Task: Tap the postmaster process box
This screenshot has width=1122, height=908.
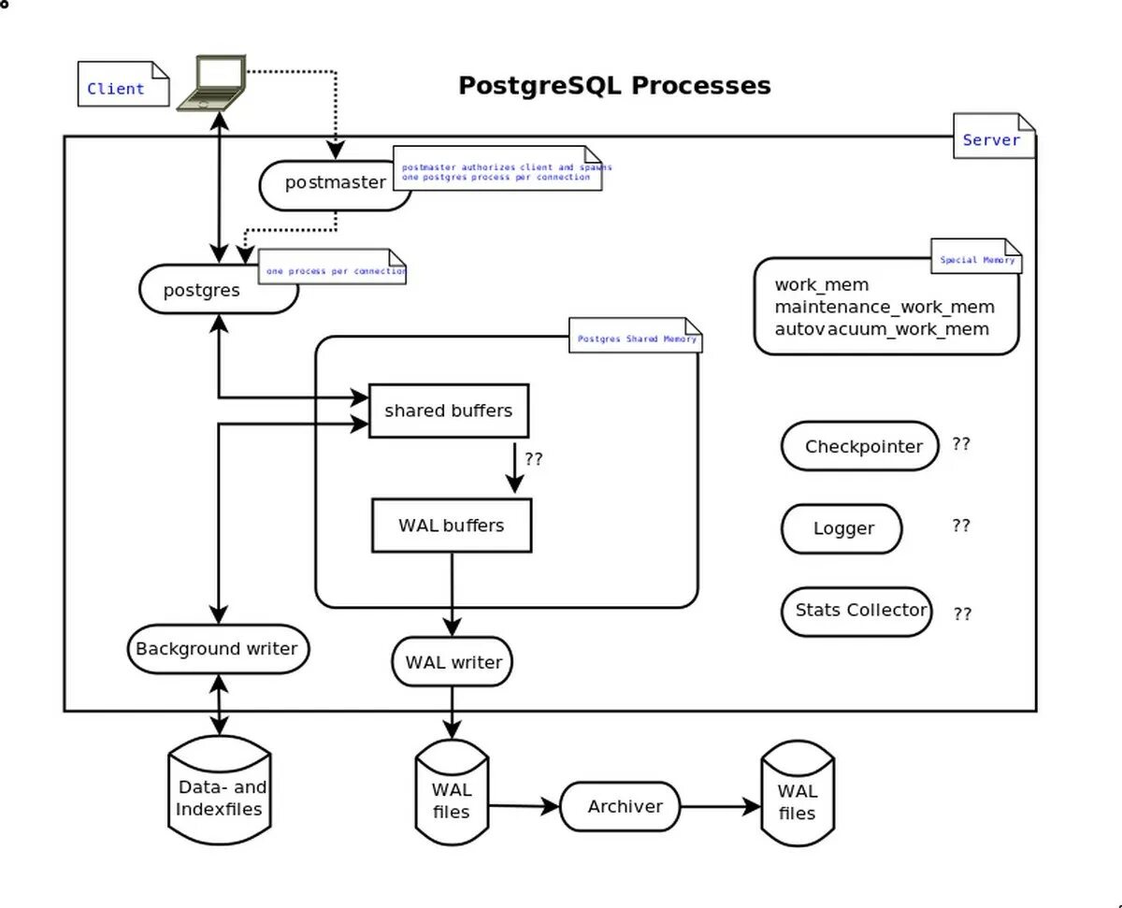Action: coord(335,183)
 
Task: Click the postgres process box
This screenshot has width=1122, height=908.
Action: coord(203,290)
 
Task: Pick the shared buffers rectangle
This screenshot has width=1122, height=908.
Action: coord(449,411)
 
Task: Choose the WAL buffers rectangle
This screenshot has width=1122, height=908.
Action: coord(452,526)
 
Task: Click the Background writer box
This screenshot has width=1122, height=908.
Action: coord(217,649)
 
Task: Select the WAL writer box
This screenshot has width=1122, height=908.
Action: coord(453,662)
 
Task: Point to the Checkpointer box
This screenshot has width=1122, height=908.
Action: coord(859,447)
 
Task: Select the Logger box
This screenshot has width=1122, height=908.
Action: coord(841,528)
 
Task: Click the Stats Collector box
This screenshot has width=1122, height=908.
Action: coord(858,611)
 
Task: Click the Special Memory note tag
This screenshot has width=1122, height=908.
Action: coord(976,258)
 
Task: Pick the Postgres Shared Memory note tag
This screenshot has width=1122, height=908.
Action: coord(636,338)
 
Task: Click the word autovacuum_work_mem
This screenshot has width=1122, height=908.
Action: coord(882,329)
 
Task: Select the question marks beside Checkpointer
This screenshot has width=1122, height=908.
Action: coord(961,444)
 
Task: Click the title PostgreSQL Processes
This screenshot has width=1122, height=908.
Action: coord(614,85)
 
